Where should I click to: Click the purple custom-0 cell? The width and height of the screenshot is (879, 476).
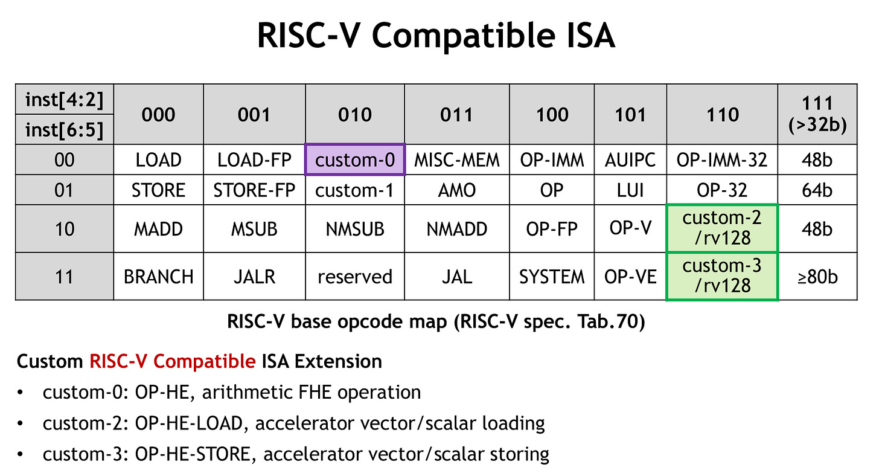(355, 160)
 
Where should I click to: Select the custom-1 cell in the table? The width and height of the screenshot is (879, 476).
(355, 190)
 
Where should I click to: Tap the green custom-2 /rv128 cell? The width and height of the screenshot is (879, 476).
(721, 228)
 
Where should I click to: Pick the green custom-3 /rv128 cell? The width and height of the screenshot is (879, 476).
(721, 276)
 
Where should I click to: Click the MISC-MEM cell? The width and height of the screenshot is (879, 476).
(457, 160)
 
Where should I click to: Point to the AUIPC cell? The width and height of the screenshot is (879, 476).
(630, 160)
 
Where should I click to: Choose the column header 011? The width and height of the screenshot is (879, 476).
(457, 115)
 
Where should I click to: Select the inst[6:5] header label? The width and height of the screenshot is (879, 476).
(65, 129)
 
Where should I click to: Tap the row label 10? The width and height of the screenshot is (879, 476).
(65, 229)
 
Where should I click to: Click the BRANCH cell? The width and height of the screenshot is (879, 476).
(159, 277)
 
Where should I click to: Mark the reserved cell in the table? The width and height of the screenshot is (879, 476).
(355, 277)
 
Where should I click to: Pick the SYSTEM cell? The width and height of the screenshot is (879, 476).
(552, 277)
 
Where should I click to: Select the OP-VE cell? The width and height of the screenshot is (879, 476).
(630, 277)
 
